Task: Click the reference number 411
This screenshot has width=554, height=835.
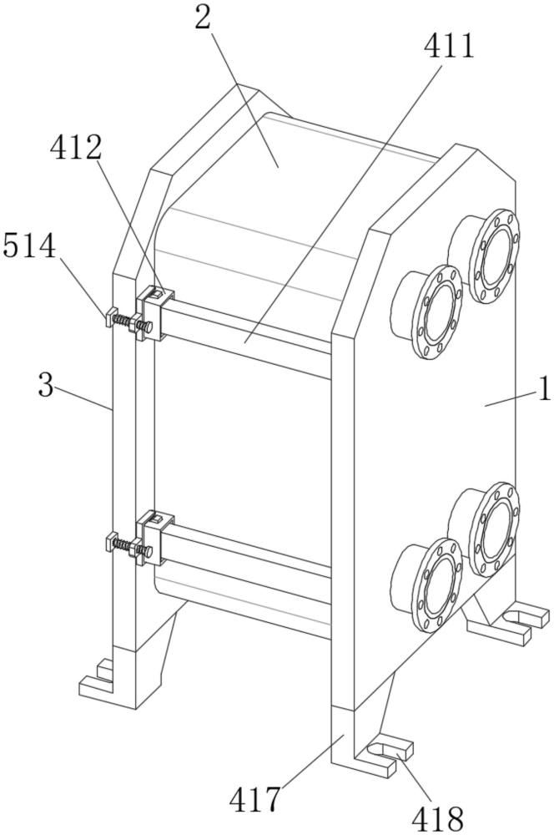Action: pos(448,46)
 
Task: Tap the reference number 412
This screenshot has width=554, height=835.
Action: pos(76,149)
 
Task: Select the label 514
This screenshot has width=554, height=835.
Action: pos(29,246)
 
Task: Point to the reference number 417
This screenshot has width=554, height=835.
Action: pos(255,799)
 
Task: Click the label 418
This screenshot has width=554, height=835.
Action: pos(438,817)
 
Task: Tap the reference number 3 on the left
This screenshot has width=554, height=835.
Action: pos(46,384)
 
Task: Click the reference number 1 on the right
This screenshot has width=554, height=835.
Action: pos(544,389)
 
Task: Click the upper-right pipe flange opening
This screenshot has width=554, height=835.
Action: pos(495,256)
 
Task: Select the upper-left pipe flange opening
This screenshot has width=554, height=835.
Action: pos(438,311)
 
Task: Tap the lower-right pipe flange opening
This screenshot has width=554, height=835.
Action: pos(495,529)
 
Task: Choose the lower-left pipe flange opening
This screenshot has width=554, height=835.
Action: pos(437,584)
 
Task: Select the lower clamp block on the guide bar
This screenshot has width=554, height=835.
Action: pos(155,539)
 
